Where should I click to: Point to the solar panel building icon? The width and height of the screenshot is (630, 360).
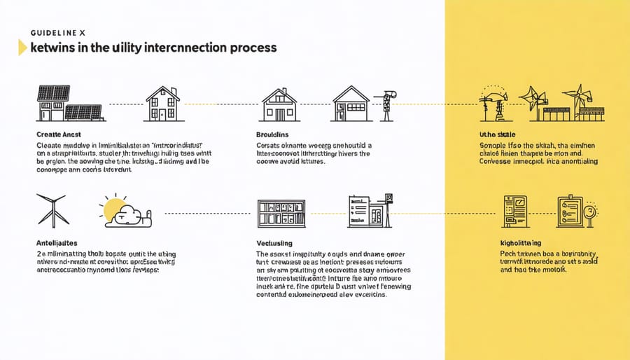[x=68, y=103]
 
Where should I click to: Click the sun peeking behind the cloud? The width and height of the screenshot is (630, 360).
[x=113, y=207]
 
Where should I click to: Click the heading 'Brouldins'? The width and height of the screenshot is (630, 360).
[x=273, y=133]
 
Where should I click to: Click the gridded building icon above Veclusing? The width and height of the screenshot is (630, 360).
[x=281, y=213]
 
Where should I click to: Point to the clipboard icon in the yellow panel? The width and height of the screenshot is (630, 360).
[x=570, y=211]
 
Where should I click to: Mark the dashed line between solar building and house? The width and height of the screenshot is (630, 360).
[x=126, y=104]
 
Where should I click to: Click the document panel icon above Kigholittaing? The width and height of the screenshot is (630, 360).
[x=516, y=211]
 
